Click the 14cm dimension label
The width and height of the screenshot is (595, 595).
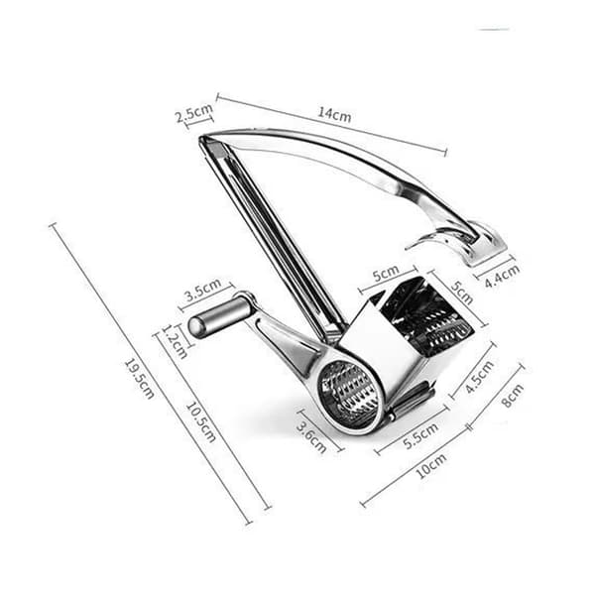coord(334,114)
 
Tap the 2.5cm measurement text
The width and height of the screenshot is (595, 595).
coord(194,112)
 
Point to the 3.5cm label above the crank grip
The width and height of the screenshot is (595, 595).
coord(203,290)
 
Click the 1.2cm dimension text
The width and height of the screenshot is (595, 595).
coord(175,341)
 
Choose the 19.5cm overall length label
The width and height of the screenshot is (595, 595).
coord(139,379)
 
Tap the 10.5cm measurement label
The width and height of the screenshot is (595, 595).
coord(200,422)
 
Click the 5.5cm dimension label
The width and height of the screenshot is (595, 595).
coord(420,435)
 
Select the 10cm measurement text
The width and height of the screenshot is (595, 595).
coord(431,465)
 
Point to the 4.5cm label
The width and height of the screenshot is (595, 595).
coord(480,377)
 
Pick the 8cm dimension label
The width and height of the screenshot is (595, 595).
coord(513,396)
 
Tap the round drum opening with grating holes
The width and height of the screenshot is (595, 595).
coord(350,393)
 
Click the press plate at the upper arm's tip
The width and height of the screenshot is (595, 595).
coord(484,244)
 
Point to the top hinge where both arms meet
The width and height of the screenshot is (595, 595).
coord(211,144)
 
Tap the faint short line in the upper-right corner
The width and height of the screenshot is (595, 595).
coord(493,29)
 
